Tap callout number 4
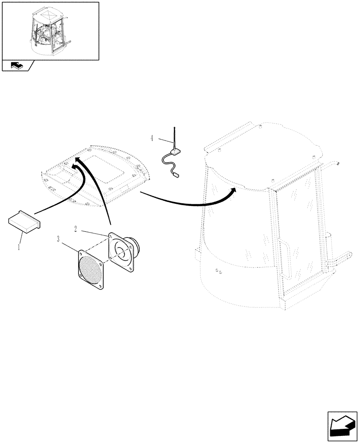point(152,138)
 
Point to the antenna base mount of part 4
point(176,152)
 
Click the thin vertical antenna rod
point(175,137)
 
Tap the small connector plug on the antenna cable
point(176,175)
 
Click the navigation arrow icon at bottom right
point(342,426)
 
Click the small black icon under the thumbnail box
point(17,66)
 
